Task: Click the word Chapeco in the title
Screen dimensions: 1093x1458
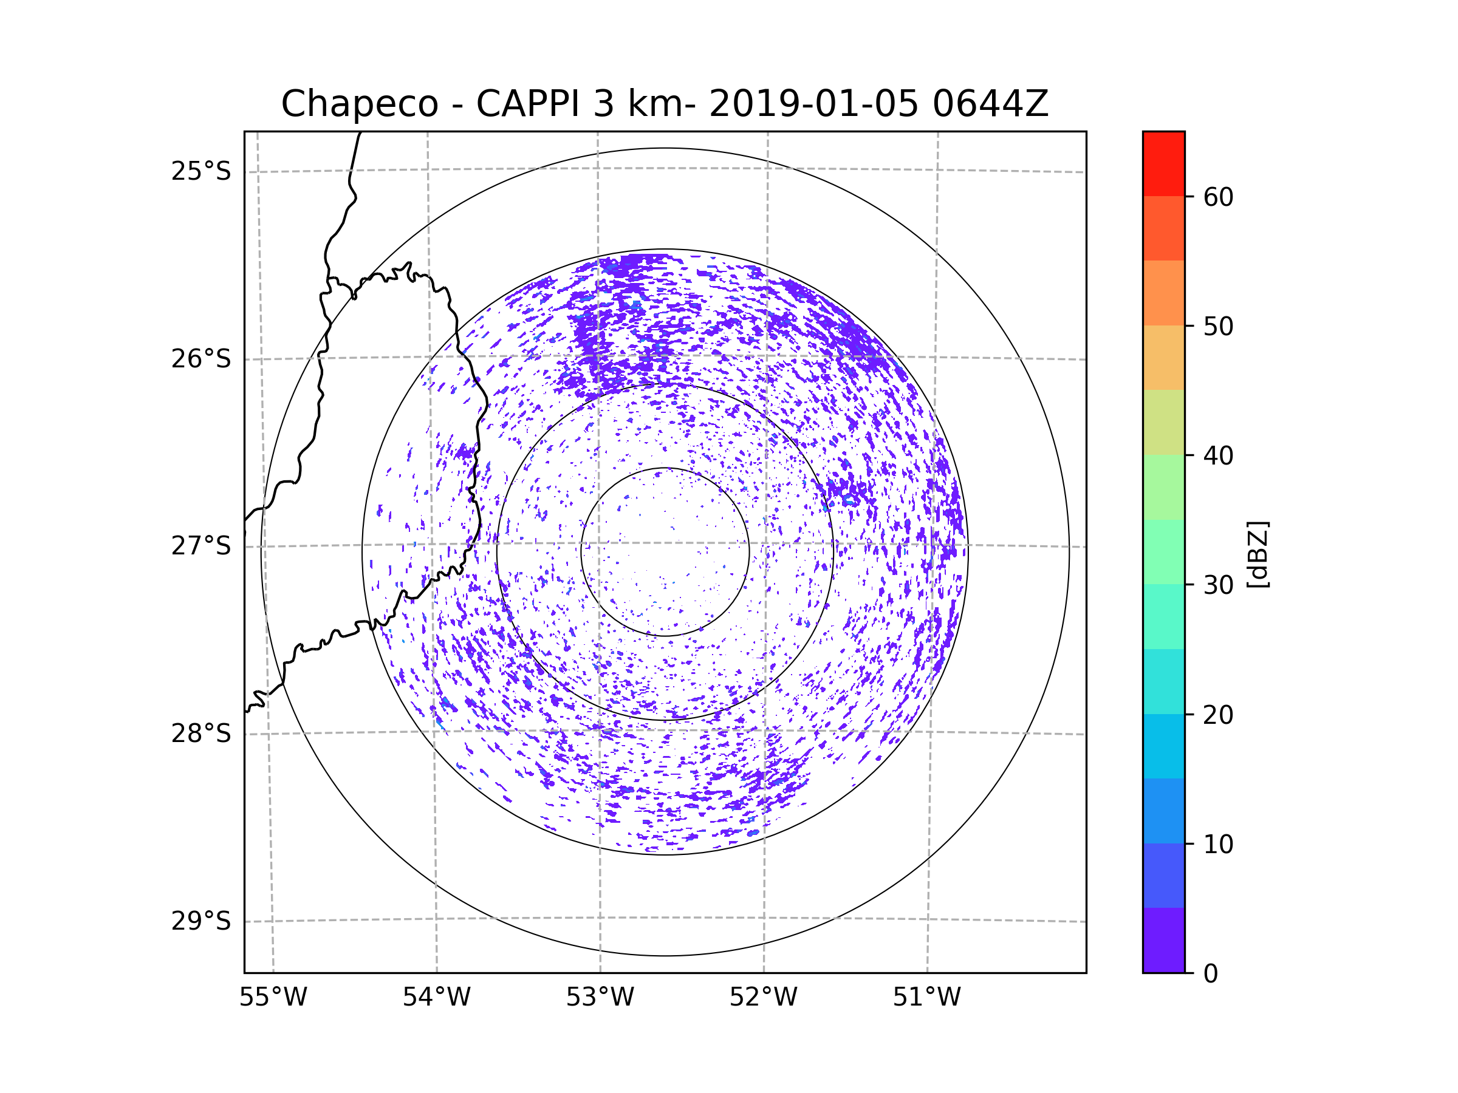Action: [x=359, y=104]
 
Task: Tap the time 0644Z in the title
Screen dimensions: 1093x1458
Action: [x=990, y=104]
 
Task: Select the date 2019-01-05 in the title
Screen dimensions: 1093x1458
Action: [x=813, y=104]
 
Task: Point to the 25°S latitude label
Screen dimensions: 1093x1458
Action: [x=201, y=171]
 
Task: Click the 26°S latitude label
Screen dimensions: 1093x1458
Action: [x=201, y=359]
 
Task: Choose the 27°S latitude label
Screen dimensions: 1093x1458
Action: [x=201, y=546]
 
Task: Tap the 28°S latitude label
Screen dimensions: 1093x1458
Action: [x=201, y=734]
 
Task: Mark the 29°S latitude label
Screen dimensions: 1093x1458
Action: [x=201, y=921]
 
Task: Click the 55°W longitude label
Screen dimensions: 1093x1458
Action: [x=273, y=998]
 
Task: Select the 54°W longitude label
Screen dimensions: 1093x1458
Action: [x=436, y=998]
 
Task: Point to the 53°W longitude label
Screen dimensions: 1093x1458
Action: [x=600, y=998]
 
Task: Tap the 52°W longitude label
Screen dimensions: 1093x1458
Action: [x=763, y=998]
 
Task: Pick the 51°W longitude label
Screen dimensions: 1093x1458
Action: [x=926, y=998]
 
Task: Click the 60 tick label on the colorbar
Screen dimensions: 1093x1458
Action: [x=1218, y=197]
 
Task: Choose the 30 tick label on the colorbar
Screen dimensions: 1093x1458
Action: [x=1218, y=585]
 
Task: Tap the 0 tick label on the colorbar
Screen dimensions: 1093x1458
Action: [x=1211, y=974]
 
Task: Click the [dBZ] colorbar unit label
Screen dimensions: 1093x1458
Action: [x=1258, y=554]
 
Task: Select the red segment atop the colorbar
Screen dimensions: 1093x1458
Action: [x=1163, y=163]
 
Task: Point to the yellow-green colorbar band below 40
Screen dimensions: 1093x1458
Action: [x=1163, y=422]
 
